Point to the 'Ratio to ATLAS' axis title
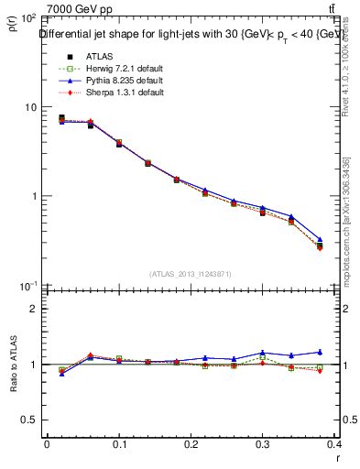point(13,365)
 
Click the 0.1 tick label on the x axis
point(119,444)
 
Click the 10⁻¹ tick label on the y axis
point(27,287)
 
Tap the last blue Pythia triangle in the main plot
point(345,240)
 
